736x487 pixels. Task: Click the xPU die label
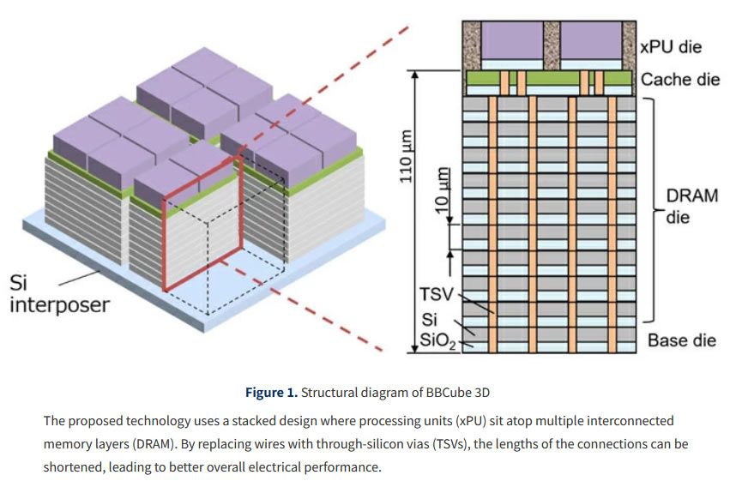(x=672, y=47)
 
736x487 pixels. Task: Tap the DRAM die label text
(x=691, y=207)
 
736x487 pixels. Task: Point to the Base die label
(x=682, y=340)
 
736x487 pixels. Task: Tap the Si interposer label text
(x=59, y=293)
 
